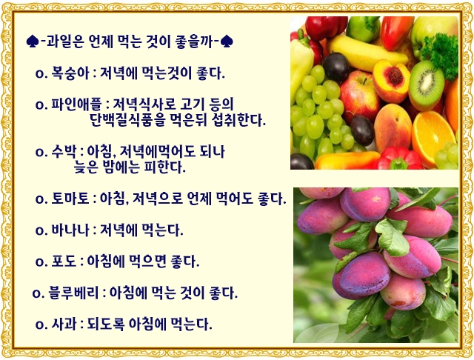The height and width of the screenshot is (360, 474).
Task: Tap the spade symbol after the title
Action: [226, 41]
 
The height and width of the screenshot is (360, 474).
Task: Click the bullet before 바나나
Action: [39, 230]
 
